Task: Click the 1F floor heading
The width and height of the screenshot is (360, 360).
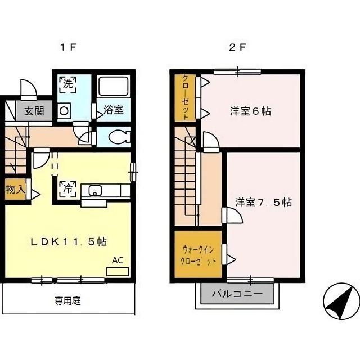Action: point(68,47)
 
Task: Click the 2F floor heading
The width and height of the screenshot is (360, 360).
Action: point(238,47)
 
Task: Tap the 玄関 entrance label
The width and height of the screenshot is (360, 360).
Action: point(35,111)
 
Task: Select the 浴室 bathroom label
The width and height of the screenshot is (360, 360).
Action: point(114,110)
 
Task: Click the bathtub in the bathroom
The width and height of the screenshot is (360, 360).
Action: point(113,86)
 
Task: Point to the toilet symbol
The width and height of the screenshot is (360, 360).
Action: point(119,137)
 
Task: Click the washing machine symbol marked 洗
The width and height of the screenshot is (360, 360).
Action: point(67,84)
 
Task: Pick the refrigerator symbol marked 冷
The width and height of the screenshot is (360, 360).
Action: point(67,189)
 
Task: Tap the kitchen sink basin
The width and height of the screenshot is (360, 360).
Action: point(95,190)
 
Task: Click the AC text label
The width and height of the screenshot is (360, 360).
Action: point(118,260)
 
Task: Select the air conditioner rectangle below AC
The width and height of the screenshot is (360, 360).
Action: point(118,271)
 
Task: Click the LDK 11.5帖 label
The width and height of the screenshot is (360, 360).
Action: point(69,241)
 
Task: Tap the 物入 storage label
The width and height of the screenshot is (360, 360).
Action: point(15,189)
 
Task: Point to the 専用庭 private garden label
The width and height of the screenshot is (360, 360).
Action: point(67,300)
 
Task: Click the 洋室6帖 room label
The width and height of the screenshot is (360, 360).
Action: point(250,111)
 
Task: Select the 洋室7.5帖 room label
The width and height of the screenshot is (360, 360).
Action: point(263,202)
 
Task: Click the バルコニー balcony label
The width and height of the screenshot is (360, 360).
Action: point(237,294)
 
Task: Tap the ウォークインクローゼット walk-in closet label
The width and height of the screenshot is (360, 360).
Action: point(199,255)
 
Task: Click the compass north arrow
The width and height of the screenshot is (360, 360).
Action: point(341,301)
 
